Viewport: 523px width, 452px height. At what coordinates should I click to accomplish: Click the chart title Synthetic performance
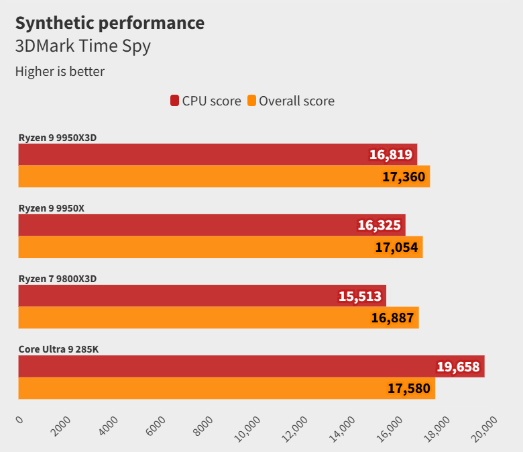point(109,23)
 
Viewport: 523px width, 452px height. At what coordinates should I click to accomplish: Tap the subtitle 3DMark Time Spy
point(82,46)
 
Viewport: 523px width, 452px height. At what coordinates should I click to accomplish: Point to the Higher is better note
point(60,71)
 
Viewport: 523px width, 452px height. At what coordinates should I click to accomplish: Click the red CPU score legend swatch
point(174,101)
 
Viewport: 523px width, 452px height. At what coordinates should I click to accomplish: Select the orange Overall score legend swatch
point(251,101)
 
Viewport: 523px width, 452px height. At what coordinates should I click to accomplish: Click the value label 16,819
point(391,155)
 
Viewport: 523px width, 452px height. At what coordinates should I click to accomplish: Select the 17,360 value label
point(404,177)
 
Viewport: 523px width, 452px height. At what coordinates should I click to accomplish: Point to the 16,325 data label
point(379,226)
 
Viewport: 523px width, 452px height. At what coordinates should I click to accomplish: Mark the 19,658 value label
point(458,367)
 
